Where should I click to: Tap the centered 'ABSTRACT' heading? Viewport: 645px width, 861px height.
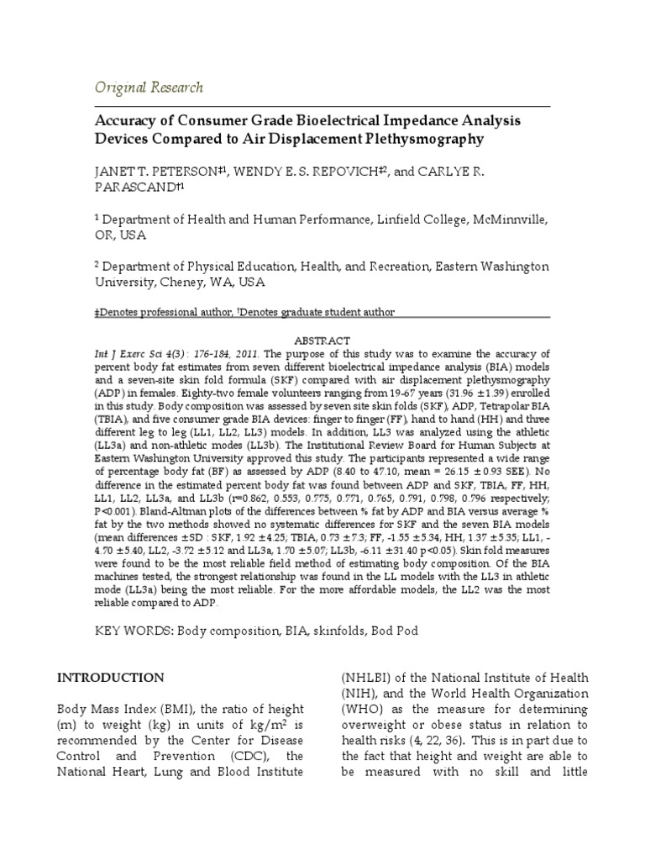pos(322,340)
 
